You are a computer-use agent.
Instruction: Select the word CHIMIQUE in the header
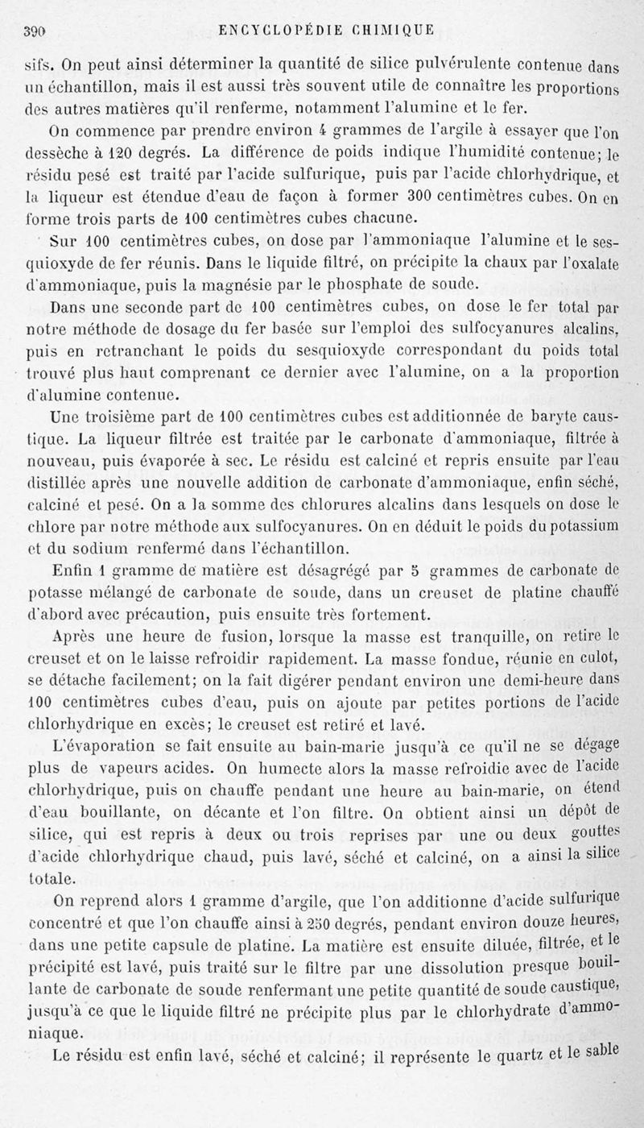(391, 31)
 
